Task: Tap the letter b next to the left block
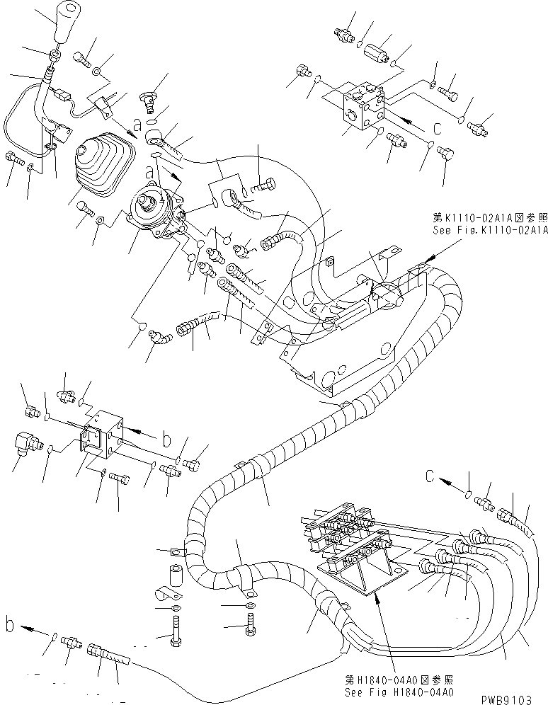click(166, 439)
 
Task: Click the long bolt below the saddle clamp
click(174, 629)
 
